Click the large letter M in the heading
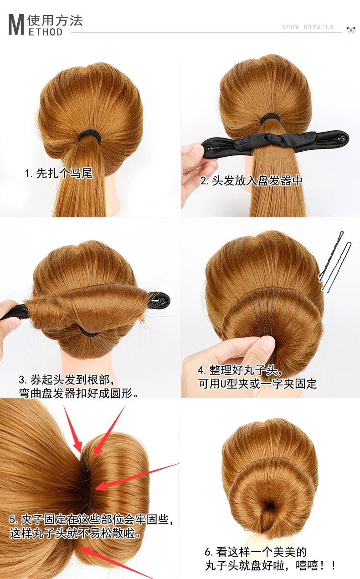(x=16, y=25)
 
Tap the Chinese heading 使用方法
(x=55, y=20)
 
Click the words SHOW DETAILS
(x=308, y=27)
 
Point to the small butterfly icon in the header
(x=351, y=30)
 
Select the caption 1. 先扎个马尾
(x=59, y=173)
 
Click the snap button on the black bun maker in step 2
(x=343, y=139)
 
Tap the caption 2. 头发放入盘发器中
(x=251, y=180)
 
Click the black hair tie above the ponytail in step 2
(x=271, y=119)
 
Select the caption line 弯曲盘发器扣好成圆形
(x=78, y=393)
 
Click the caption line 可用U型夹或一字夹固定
(x=257, y=384)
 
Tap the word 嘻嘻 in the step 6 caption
(x=307, y=565)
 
